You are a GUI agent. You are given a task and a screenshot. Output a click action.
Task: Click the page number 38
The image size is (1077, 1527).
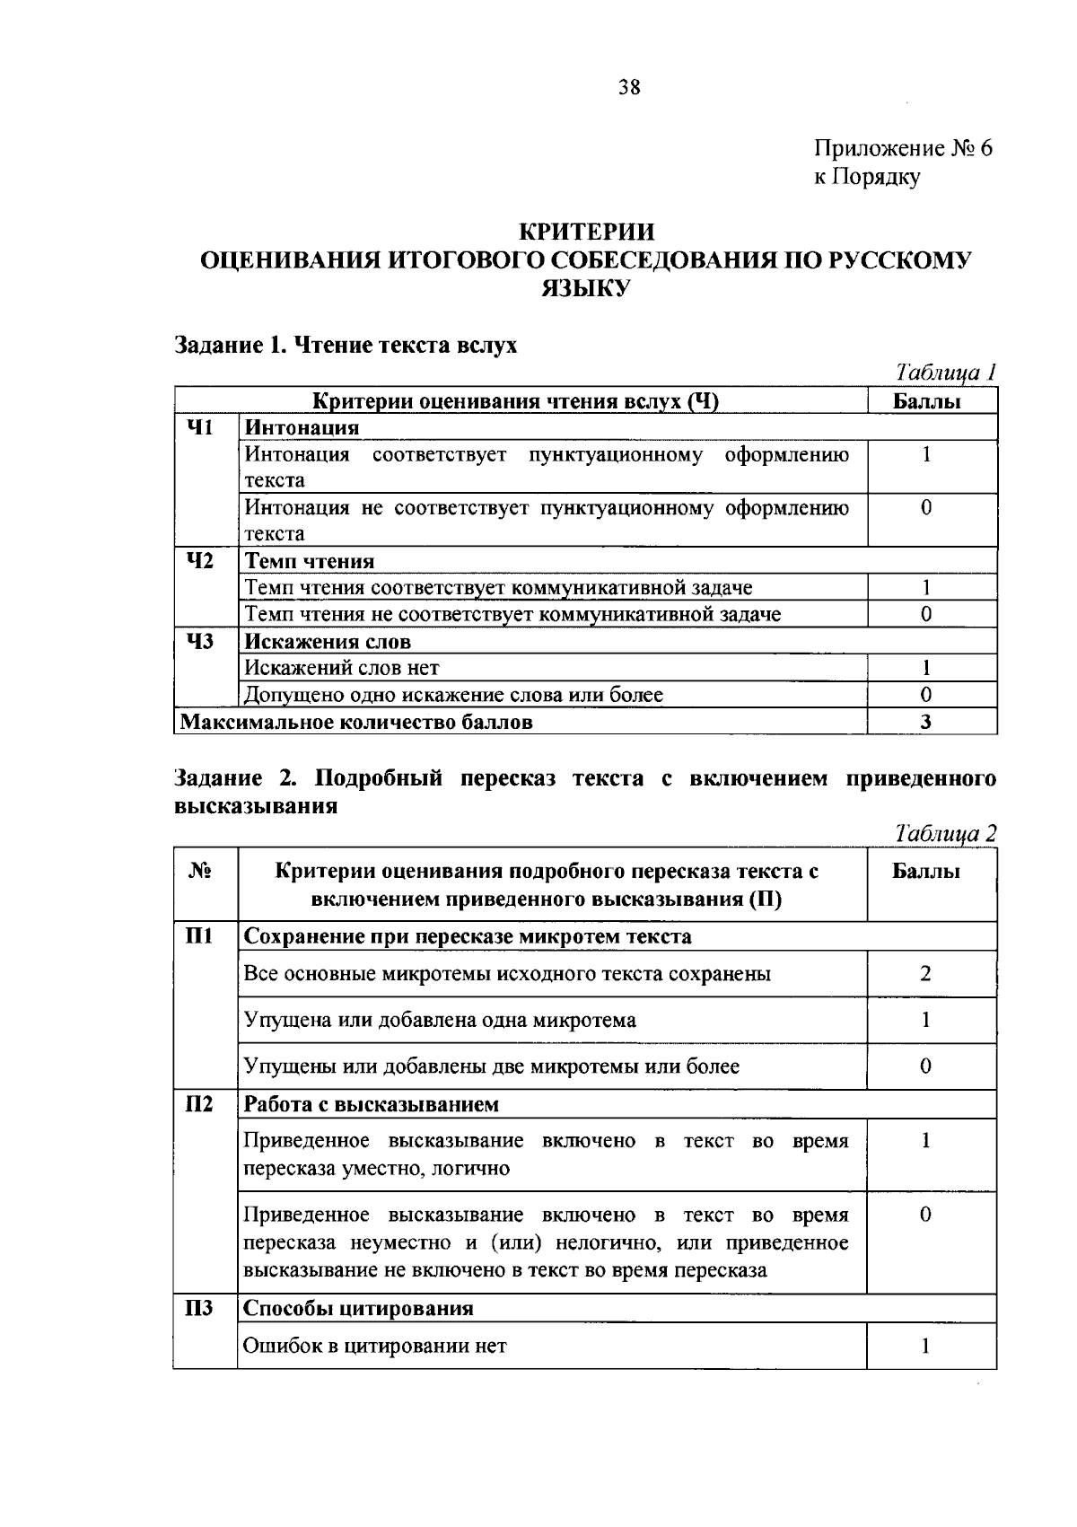pyautogui.click(x=628, y=87)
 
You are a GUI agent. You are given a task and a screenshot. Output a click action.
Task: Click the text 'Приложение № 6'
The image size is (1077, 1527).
pyautogui.click(x=903, y=148)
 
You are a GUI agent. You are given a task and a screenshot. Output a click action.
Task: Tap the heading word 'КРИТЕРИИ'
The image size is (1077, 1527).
pyautogui.click(x=588, y=233)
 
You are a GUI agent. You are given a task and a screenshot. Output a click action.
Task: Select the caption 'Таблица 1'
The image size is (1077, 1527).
pyautogui.click(x=946, y=373)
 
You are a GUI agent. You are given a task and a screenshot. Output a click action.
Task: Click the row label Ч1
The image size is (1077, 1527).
pyautogui.click(x=199, y=427)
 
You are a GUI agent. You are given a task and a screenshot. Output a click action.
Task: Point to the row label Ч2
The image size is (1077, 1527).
pyautogui.click(x=199, y=561)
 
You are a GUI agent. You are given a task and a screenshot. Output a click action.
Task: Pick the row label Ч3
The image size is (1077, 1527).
pyautogui.click(x=199, y=641)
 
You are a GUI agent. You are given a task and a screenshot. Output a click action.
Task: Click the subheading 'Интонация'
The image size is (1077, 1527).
pyautogui.click(x=302, y=427)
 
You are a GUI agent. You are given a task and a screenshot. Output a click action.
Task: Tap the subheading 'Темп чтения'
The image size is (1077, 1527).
pyautogui.click(x=310, y=562)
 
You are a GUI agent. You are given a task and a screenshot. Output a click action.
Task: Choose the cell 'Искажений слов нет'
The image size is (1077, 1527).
pyautogui.click(x=342, y=668)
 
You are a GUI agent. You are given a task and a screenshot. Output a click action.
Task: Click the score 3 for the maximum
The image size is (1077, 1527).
pyautogui.click(x=925, y=722)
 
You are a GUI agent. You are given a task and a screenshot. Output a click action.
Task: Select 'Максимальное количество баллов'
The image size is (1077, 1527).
pyautogui.click(x=356, y=722)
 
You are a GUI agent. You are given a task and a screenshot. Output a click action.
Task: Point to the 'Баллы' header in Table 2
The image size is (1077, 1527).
pyautogui.click(x=926, y=872)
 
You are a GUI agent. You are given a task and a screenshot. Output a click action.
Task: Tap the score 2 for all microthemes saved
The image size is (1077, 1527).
pyautogui.click(x=925, y=974)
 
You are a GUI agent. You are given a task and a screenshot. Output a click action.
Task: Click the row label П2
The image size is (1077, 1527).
pyautogui.click(x=198, y=1104)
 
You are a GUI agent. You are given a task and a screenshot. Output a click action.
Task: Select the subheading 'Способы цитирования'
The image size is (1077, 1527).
pyautogui.click(x=358, y=1308)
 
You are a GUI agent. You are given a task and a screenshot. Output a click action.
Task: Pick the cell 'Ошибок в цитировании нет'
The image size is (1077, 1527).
pyautogui.click(x=375, y=1346)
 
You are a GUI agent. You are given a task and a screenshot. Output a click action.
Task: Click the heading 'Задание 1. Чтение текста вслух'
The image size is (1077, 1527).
pyautogui.click(x=346, y=345)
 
